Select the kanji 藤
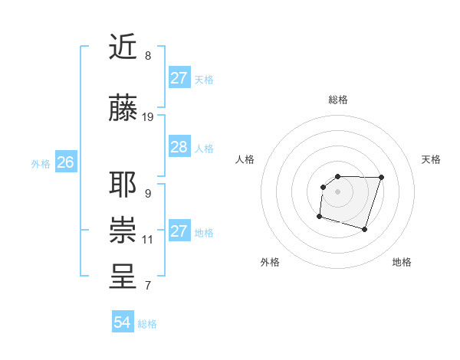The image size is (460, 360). pyautogui.click(x=123, y=110)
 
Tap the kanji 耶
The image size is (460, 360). pyautogui.click(x=123, y=185)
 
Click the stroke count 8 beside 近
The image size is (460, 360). pyautogui.click(x=147, y=56)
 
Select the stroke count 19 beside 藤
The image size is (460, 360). pyautogui.click(x=149, y=117)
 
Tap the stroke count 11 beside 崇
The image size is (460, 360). pyautogui.click(x=148, y=239)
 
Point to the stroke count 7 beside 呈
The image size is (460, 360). pyautogui.click(x=147, y=286)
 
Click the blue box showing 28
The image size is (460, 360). pyautogui.click(x=179, y=147)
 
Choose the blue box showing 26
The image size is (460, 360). pyautogui.click(x=66, y=162)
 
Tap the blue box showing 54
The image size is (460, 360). pyautogui.click(x=122, y=322)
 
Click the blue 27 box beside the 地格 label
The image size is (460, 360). pyautogui.click(x=179, y=231)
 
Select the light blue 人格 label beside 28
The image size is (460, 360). pyautogui.click(x=204, y=148)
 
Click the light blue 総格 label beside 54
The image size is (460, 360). pyautogui.click(x=147, y=324)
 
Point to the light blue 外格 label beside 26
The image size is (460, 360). pyautogui.click(x=41, y=163)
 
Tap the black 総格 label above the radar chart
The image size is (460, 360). pyautogui.click(x=337, y=100)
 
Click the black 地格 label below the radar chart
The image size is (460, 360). pyautogui.click(x=402, y=263)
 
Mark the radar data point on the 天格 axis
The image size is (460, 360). pyautogui.click(x=382, y=177)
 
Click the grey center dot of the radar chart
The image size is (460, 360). pyautogui.click(x=337, y=191)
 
